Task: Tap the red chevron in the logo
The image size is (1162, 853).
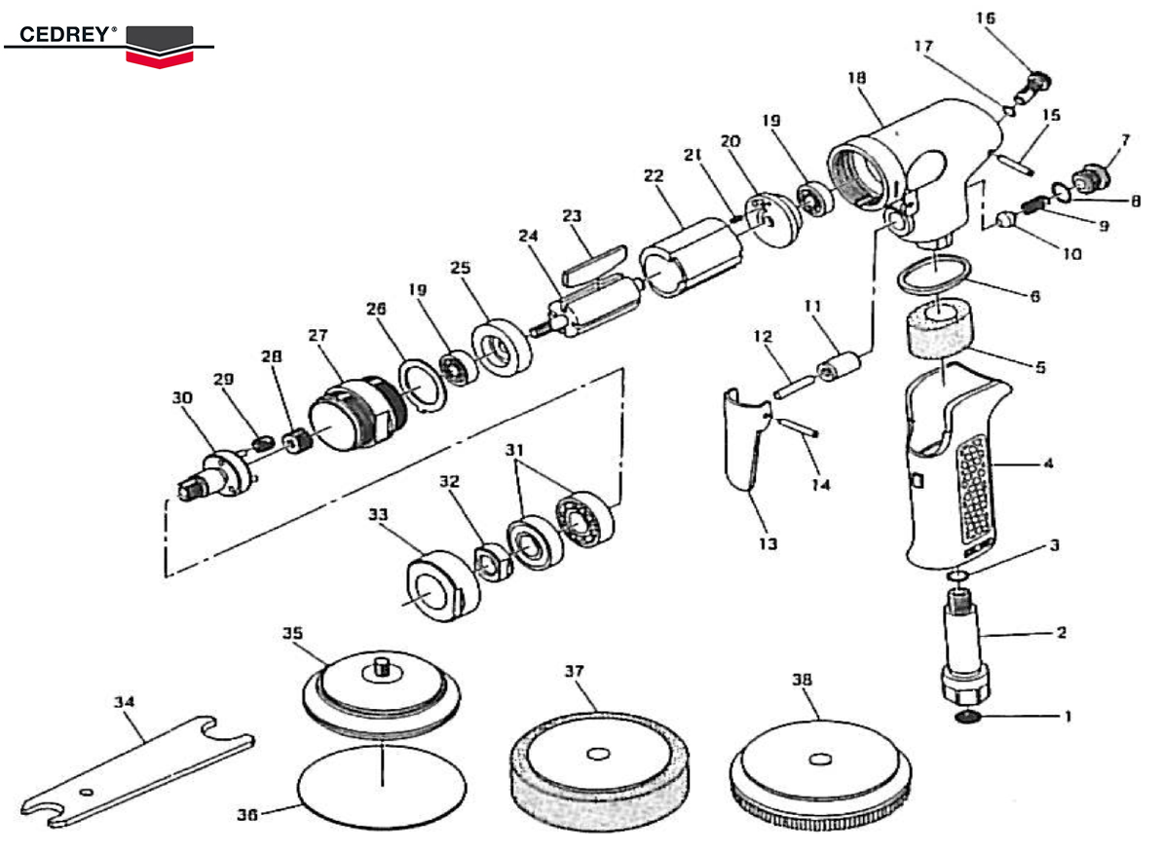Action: tap(160, 57)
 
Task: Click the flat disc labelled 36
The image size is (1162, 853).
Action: tap(380, 789)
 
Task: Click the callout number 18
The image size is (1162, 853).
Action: tap(857, 77)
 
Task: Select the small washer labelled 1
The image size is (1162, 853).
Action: tap(967, 718)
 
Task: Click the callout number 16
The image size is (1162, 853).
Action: tap(986, 19)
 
